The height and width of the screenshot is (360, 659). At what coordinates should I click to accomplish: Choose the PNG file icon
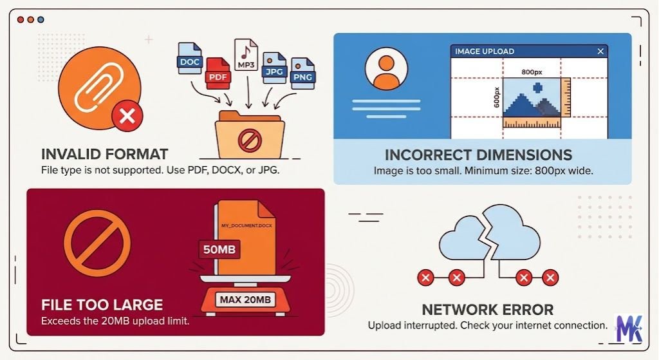(x=302, y=73)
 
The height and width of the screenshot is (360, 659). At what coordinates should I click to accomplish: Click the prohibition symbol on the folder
(x=248, y=140)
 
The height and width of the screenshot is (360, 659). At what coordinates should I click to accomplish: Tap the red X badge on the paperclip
(x=127, y=117)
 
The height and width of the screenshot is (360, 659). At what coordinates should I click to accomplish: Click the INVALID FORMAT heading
(x=104, y=155)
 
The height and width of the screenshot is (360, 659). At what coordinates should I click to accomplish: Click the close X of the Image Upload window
(x=600, y=52)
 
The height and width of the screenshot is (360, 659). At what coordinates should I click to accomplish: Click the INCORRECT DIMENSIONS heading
(x=478, y=155)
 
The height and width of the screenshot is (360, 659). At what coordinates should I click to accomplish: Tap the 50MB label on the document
(x=219, y=249)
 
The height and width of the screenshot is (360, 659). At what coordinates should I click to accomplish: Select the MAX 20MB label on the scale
(x=245, y=299)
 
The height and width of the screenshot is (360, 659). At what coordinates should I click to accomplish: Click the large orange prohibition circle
(x=97, y=242)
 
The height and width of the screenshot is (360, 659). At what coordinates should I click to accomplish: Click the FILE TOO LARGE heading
(x=102, y=305)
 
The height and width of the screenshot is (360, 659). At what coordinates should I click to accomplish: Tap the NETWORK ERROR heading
(x=487, y=310)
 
